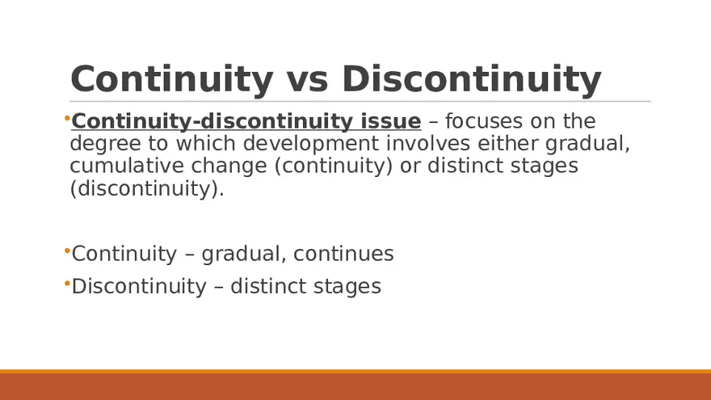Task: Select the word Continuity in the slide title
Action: pyautogui.click(x=172, y=80)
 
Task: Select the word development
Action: pyautogui.click(x=311, y=144)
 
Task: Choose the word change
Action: pyautogui.click(x=229, y=166)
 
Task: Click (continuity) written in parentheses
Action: pyautogui.click(x=333, y=166)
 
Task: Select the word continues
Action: pyautogui.click(x=343, y=254)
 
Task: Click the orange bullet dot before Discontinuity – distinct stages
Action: pyautogui.click(x=67, y=284)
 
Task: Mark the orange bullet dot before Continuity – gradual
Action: pyautogui.click(x=67, y=251)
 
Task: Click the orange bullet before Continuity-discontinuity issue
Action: pyautogui.click(x=67, y=119)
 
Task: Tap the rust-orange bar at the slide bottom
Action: pyautogui.click(x=355, y=385)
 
